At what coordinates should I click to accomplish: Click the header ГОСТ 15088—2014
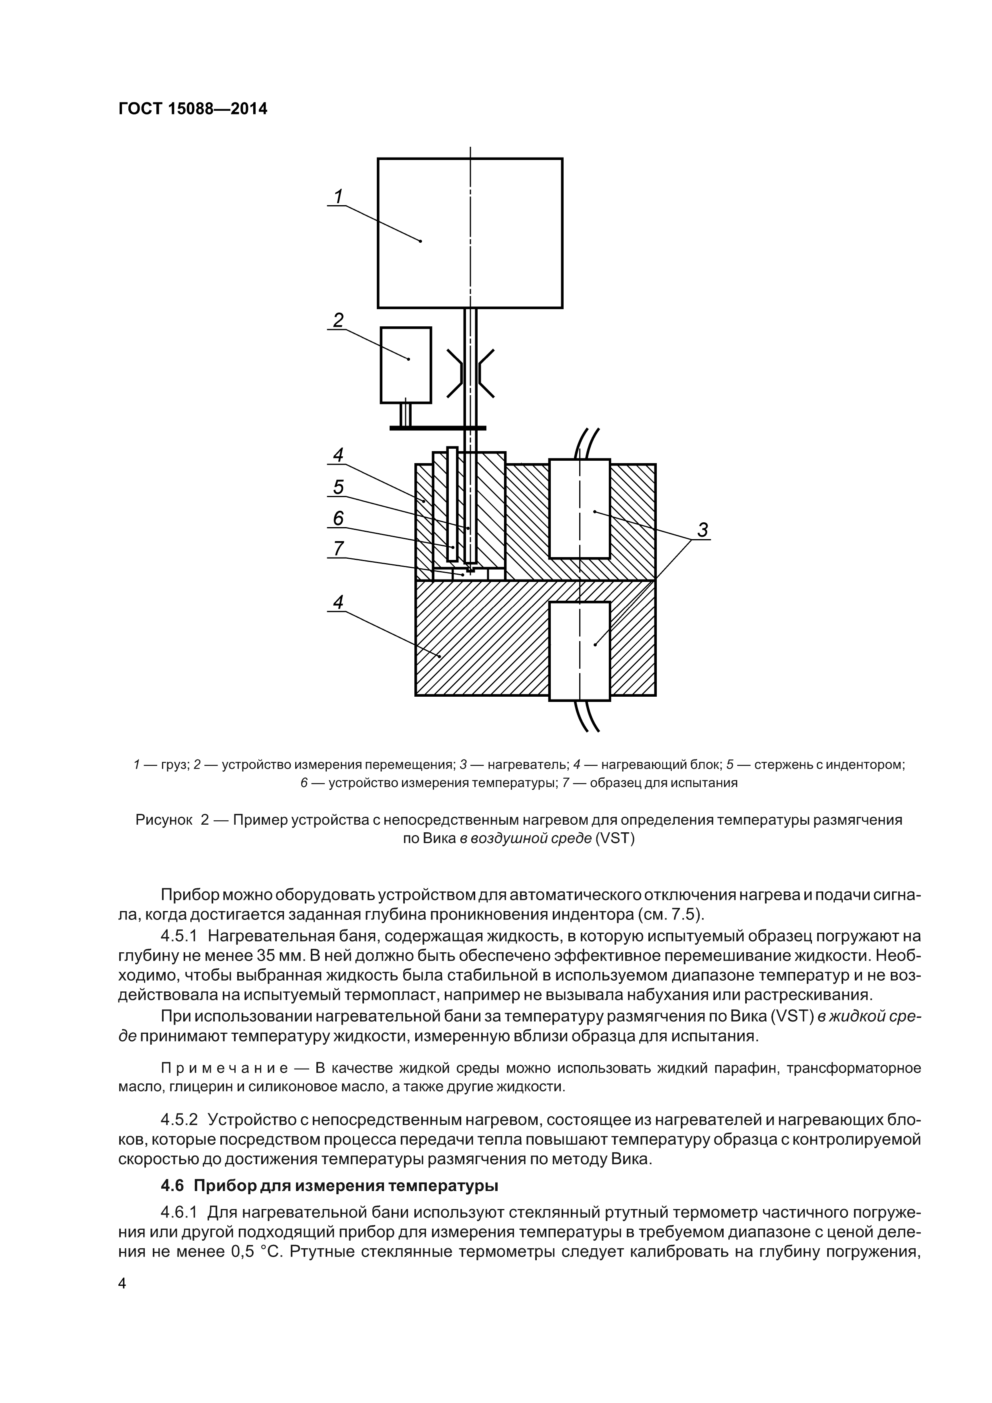[192, 109]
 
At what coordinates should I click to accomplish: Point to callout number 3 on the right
[702, 530]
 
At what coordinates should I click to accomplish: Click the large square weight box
[470, 233]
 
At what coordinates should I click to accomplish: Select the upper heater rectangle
[580, 508]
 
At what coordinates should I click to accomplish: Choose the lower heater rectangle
[580, 650]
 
